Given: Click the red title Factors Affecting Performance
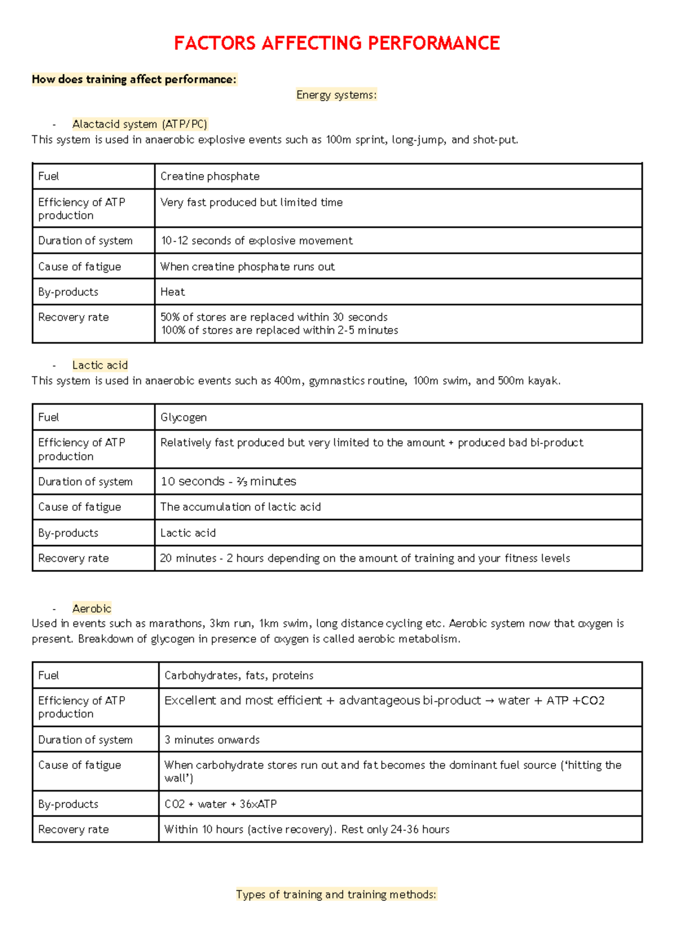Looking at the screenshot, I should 336,43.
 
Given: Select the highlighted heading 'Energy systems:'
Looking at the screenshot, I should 336,95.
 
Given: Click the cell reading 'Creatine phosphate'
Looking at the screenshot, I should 210,176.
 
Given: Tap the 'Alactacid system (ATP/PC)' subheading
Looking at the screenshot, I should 140,124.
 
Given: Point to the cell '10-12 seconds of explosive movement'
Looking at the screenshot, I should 257,241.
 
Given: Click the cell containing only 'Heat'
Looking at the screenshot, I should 172,292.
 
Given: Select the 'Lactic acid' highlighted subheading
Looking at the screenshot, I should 100,365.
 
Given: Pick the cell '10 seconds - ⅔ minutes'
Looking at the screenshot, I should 228,481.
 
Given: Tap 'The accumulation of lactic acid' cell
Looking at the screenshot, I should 240,507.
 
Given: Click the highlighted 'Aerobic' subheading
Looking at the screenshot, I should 92,608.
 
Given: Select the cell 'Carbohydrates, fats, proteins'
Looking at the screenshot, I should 239,675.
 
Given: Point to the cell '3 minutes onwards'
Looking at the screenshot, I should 212,740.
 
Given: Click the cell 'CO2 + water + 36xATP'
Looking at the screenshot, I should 220,804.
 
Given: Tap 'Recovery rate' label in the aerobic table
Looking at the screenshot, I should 73,829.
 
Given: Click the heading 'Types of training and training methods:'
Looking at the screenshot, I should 336,894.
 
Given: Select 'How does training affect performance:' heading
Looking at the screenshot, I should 134,79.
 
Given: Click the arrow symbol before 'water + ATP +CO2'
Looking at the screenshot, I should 489,701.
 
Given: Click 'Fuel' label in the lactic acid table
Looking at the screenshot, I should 48,417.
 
